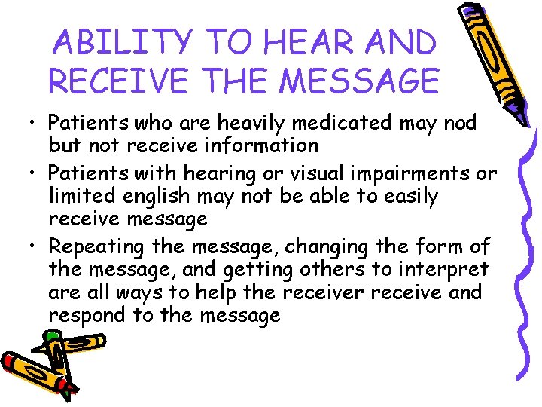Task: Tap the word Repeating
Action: [97, 246]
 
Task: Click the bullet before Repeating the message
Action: [36, 246]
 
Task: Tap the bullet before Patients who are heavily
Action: [36, 122]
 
